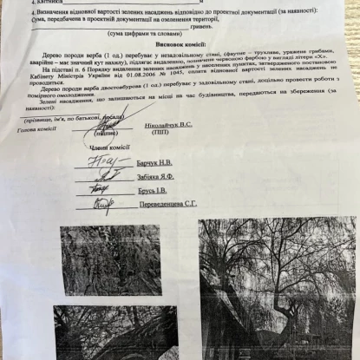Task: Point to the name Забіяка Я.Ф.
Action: pyautogui.click(x=156, y=175)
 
